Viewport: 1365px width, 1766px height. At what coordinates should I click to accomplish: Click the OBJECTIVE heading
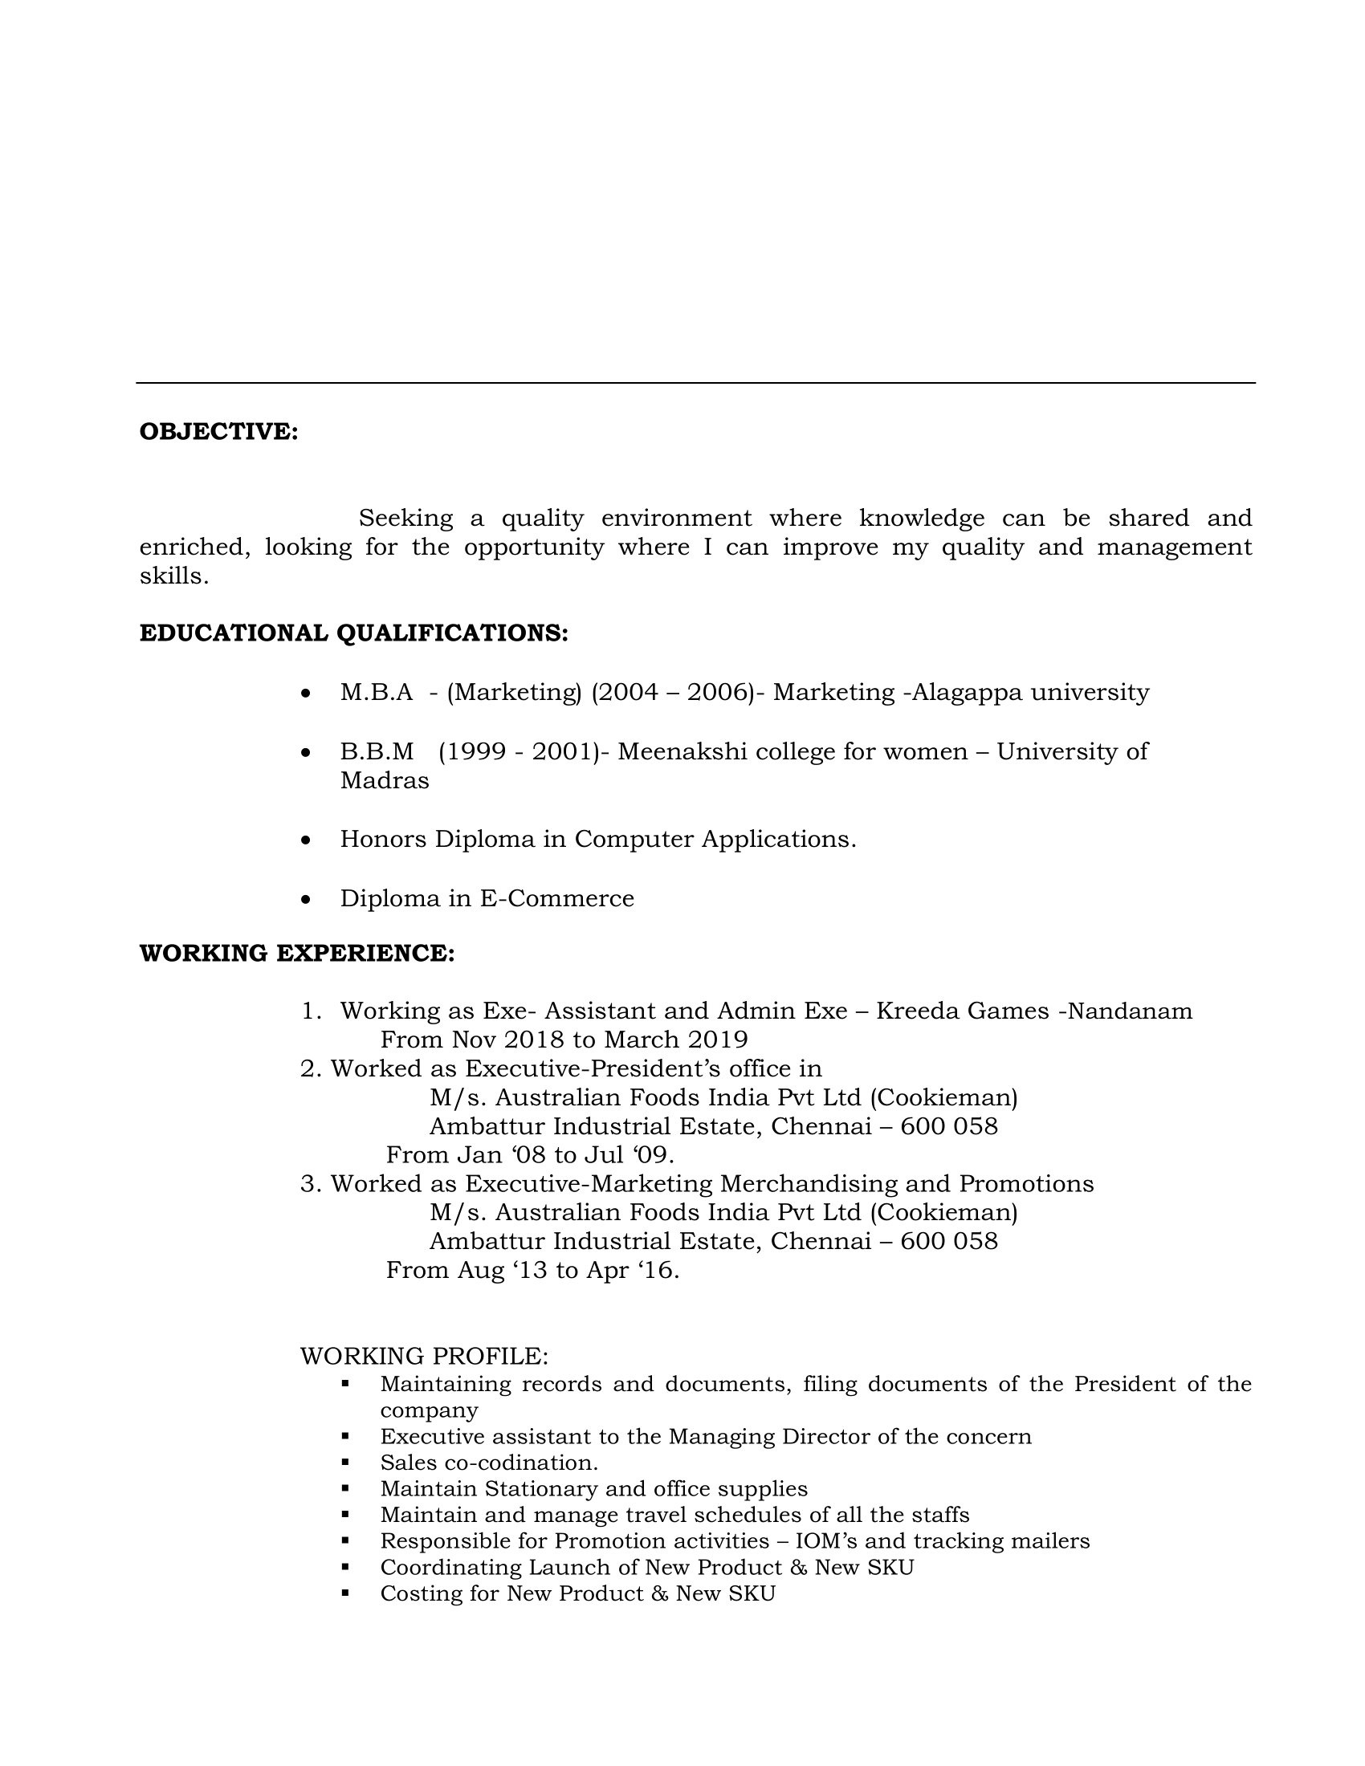[218, 432]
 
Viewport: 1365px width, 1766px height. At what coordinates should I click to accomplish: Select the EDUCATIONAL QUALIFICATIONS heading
[353, 633]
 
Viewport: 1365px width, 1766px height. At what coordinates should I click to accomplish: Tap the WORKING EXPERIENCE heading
[297, 954]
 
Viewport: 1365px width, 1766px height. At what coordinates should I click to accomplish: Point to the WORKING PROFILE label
[424, 1356]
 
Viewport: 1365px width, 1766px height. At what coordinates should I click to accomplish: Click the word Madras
[384, 781]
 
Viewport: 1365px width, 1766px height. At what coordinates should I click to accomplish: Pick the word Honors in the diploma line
[382, 840]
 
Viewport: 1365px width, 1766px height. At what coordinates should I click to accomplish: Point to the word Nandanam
[1130, 1011]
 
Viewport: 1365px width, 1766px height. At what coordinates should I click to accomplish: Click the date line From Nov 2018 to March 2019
[564, 1039]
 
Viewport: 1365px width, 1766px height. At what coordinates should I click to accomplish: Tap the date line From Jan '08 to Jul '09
[530, 1154]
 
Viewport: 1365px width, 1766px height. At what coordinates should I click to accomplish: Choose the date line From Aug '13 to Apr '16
[532, 1270]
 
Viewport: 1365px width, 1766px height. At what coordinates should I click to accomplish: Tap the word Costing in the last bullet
[417, 1593]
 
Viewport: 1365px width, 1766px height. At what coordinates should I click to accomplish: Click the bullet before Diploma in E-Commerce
[305, 899]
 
